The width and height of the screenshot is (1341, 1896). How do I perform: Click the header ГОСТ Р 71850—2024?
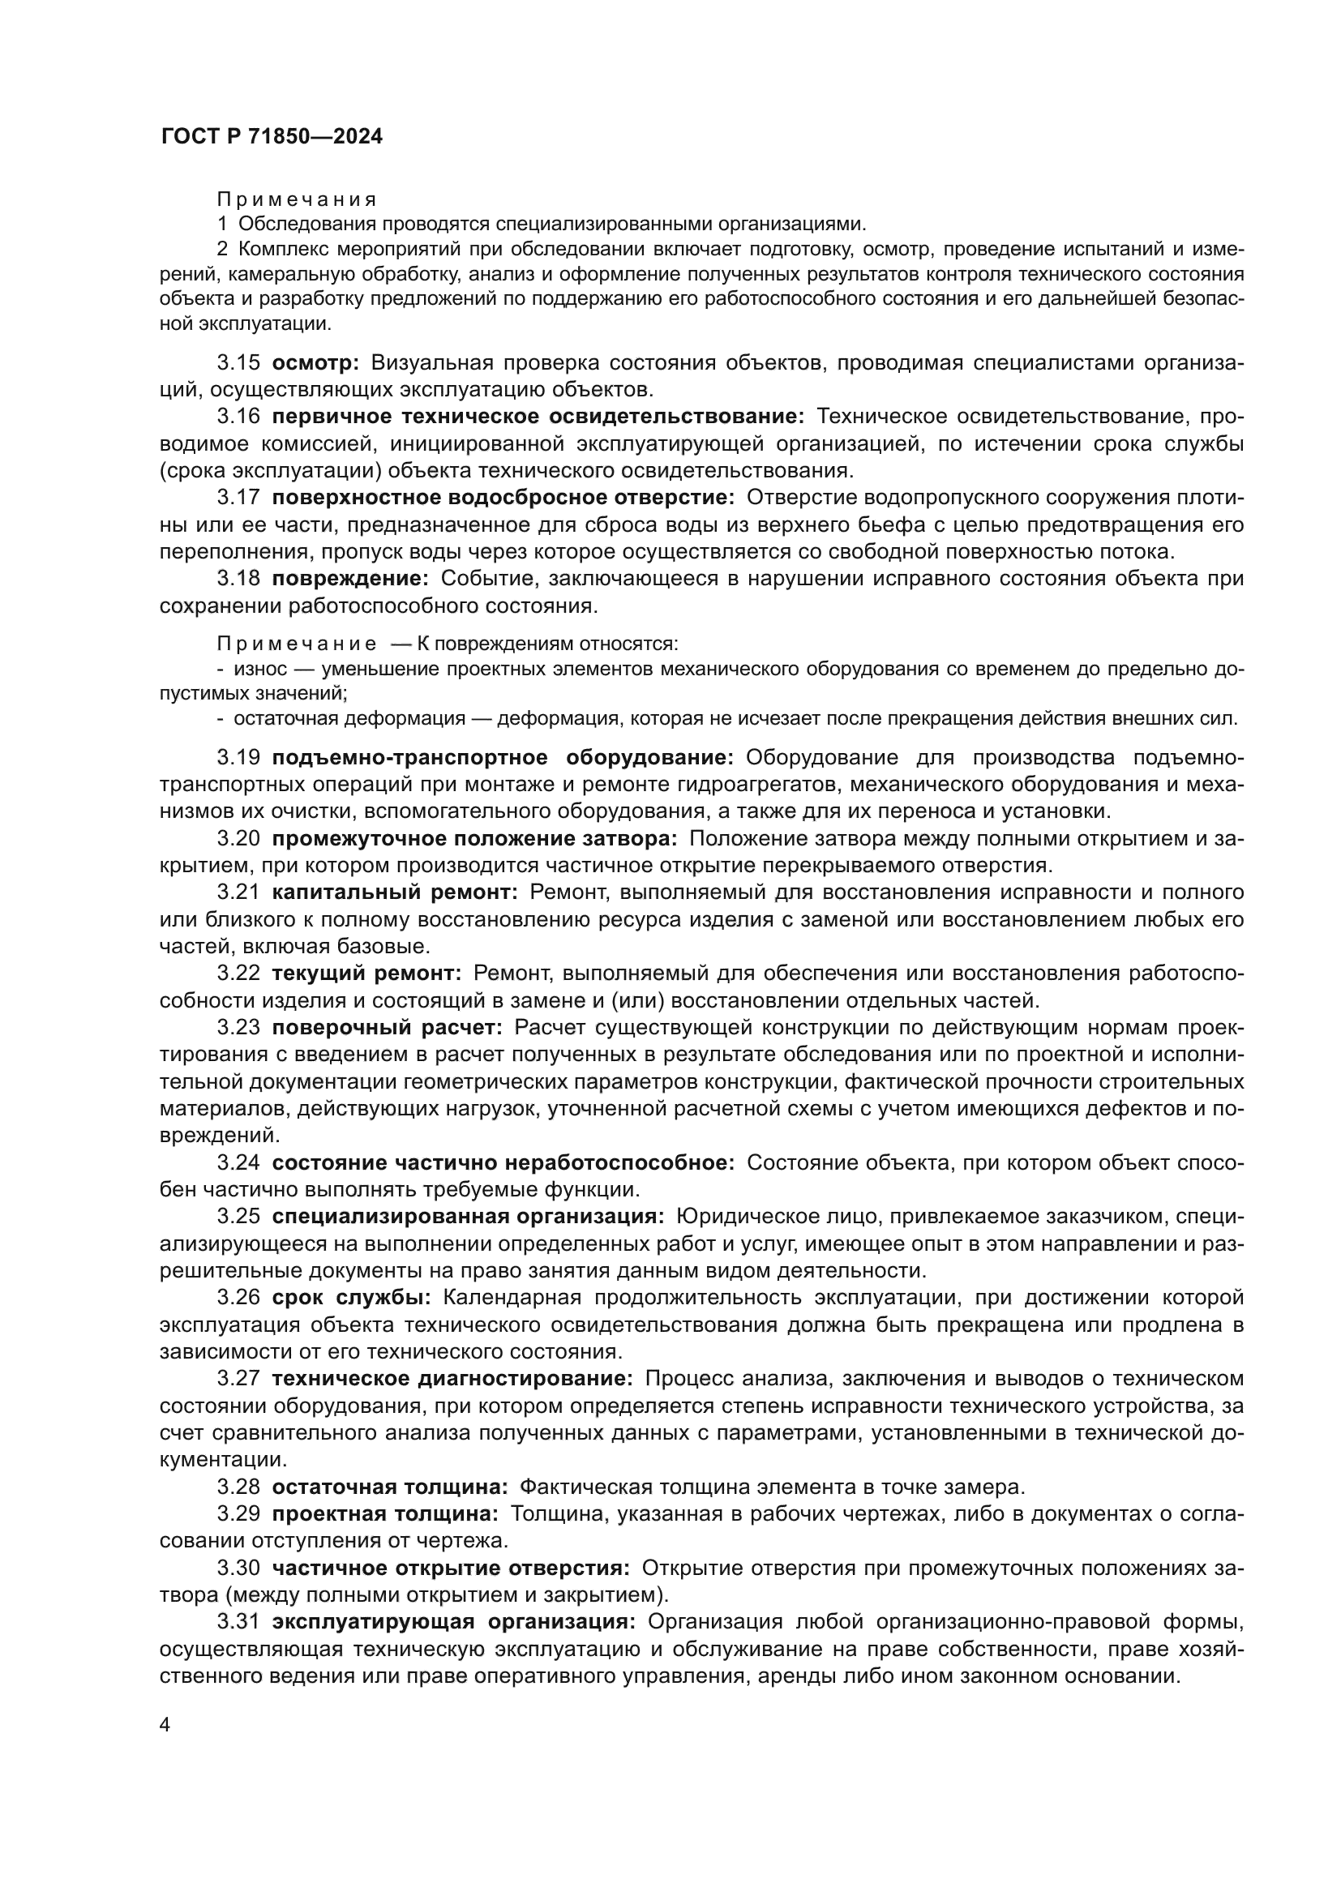pyautogui.click(x=272, y=137)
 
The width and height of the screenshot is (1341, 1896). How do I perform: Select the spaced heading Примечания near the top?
pyautogui.click(x=297, y=199)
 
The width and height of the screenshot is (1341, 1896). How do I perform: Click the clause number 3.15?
pyautogui.click(x=238, y=362)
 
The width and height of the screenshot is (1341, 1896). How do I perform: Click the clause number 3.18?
pyautogui.click(x=238, y=579)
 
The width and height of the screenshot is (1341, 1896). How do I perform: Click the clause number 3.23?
pyautogui.click(x=238, y=1028)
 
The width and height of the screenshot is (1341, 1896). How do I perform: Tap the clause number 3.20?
pyautogui.click(x=238, y=839)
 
